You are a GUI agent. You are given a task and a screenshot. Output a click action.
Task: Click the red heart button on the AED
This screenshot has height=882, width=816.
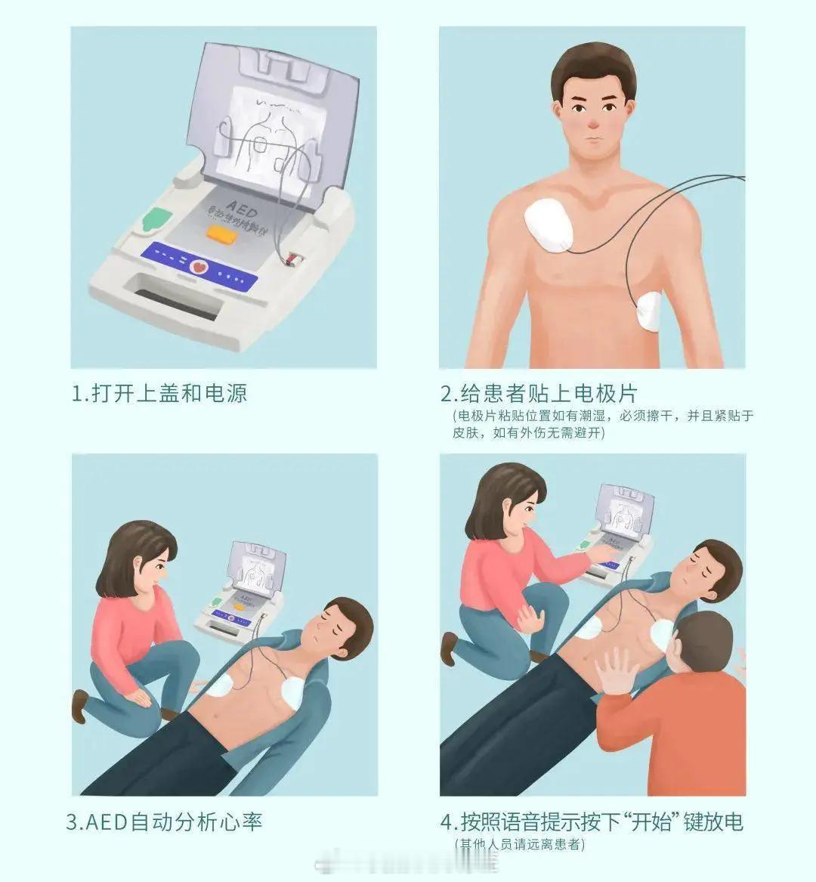click(x=199, y=265)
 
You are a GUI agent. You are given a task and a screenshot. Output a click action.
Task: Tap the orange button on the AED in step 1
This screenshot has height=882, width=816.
click(x=222, y=234)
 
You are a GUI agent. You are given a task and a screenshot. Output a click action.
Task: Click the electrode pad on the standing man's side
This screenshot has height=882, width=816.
click(x=650, y=312)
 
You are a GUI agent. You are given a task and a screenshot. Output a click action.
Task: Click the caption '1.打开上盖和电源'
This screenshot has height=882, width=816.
click(x=159, y=394)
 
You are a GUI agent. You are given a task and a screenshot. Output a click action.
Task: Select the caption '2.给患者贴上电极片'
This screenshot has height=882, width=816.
click(x=539, y=394)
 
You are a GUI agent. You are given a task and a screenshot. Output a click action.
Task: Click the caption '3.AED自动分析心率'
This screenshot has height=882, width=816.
click(x=165, y=822)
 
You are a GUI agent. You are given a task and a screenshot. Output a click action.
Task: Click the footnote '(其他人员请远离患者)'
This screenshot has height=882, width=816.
click(x=520, y=843)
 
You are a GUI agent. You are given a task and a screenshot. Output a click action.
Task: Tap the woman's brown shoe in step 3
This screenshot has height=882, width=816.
click(x=78, y=705)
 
